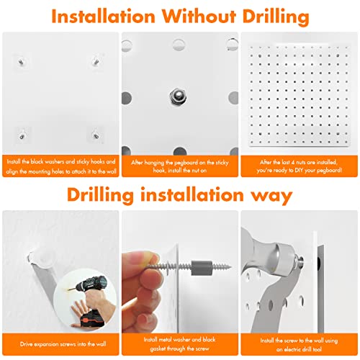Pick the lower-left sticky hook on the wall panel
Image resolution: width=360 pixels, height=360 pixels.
[24, 132]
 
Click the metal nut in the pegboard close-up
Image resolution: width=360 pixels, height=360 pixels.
[177, 94]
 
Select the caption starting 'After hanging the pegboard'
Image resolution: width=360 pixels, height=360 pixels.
[179, 167]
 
